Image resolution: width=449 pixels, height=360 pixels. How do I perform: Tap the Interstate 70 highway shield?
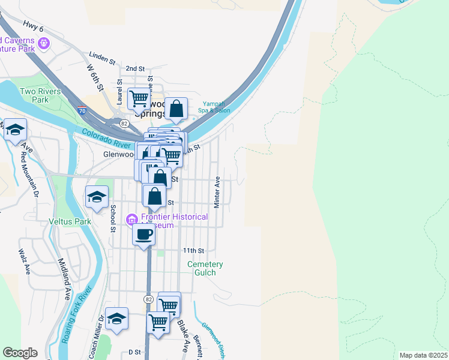pos(82,110)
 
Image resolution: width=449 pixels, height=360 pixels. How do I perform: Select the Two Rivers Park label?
pos(34,95)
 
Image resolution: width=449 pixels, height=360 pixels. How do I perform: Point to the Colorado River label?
pos(106,139)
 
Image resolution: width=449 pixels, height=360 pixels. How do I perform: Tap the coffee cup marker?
pos(143,235)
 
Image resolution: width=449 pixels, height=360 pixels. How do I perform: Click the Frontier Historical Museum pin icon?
pos(131,221)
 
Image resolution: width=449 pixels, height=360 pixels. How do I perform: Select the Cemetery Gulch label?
pos(205,268)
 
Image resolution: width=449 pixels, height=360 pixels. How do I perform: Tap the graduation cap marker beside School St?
pos(97,197)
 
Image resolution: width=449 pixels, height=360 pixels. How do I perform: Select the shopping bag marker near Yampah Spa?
pos(176,109)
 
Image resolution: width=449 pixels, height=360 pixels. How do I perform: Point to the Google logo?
pos(20,353)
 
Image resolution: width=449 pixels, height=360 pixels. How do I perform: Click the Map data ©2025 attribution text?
pos(423,355)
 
